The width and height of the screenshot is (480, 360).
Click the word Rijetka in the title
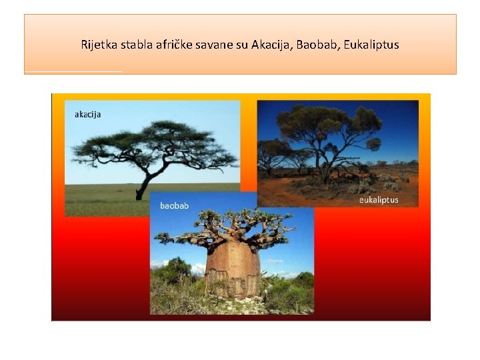98,45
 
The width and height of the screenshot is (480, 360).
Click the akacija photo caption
87,115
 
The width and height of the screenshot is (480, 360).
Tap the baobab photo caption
174,206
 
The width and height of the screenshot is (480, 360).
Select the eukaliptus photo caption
379,200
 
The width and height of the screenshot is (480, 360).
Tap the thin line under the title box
73,71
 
